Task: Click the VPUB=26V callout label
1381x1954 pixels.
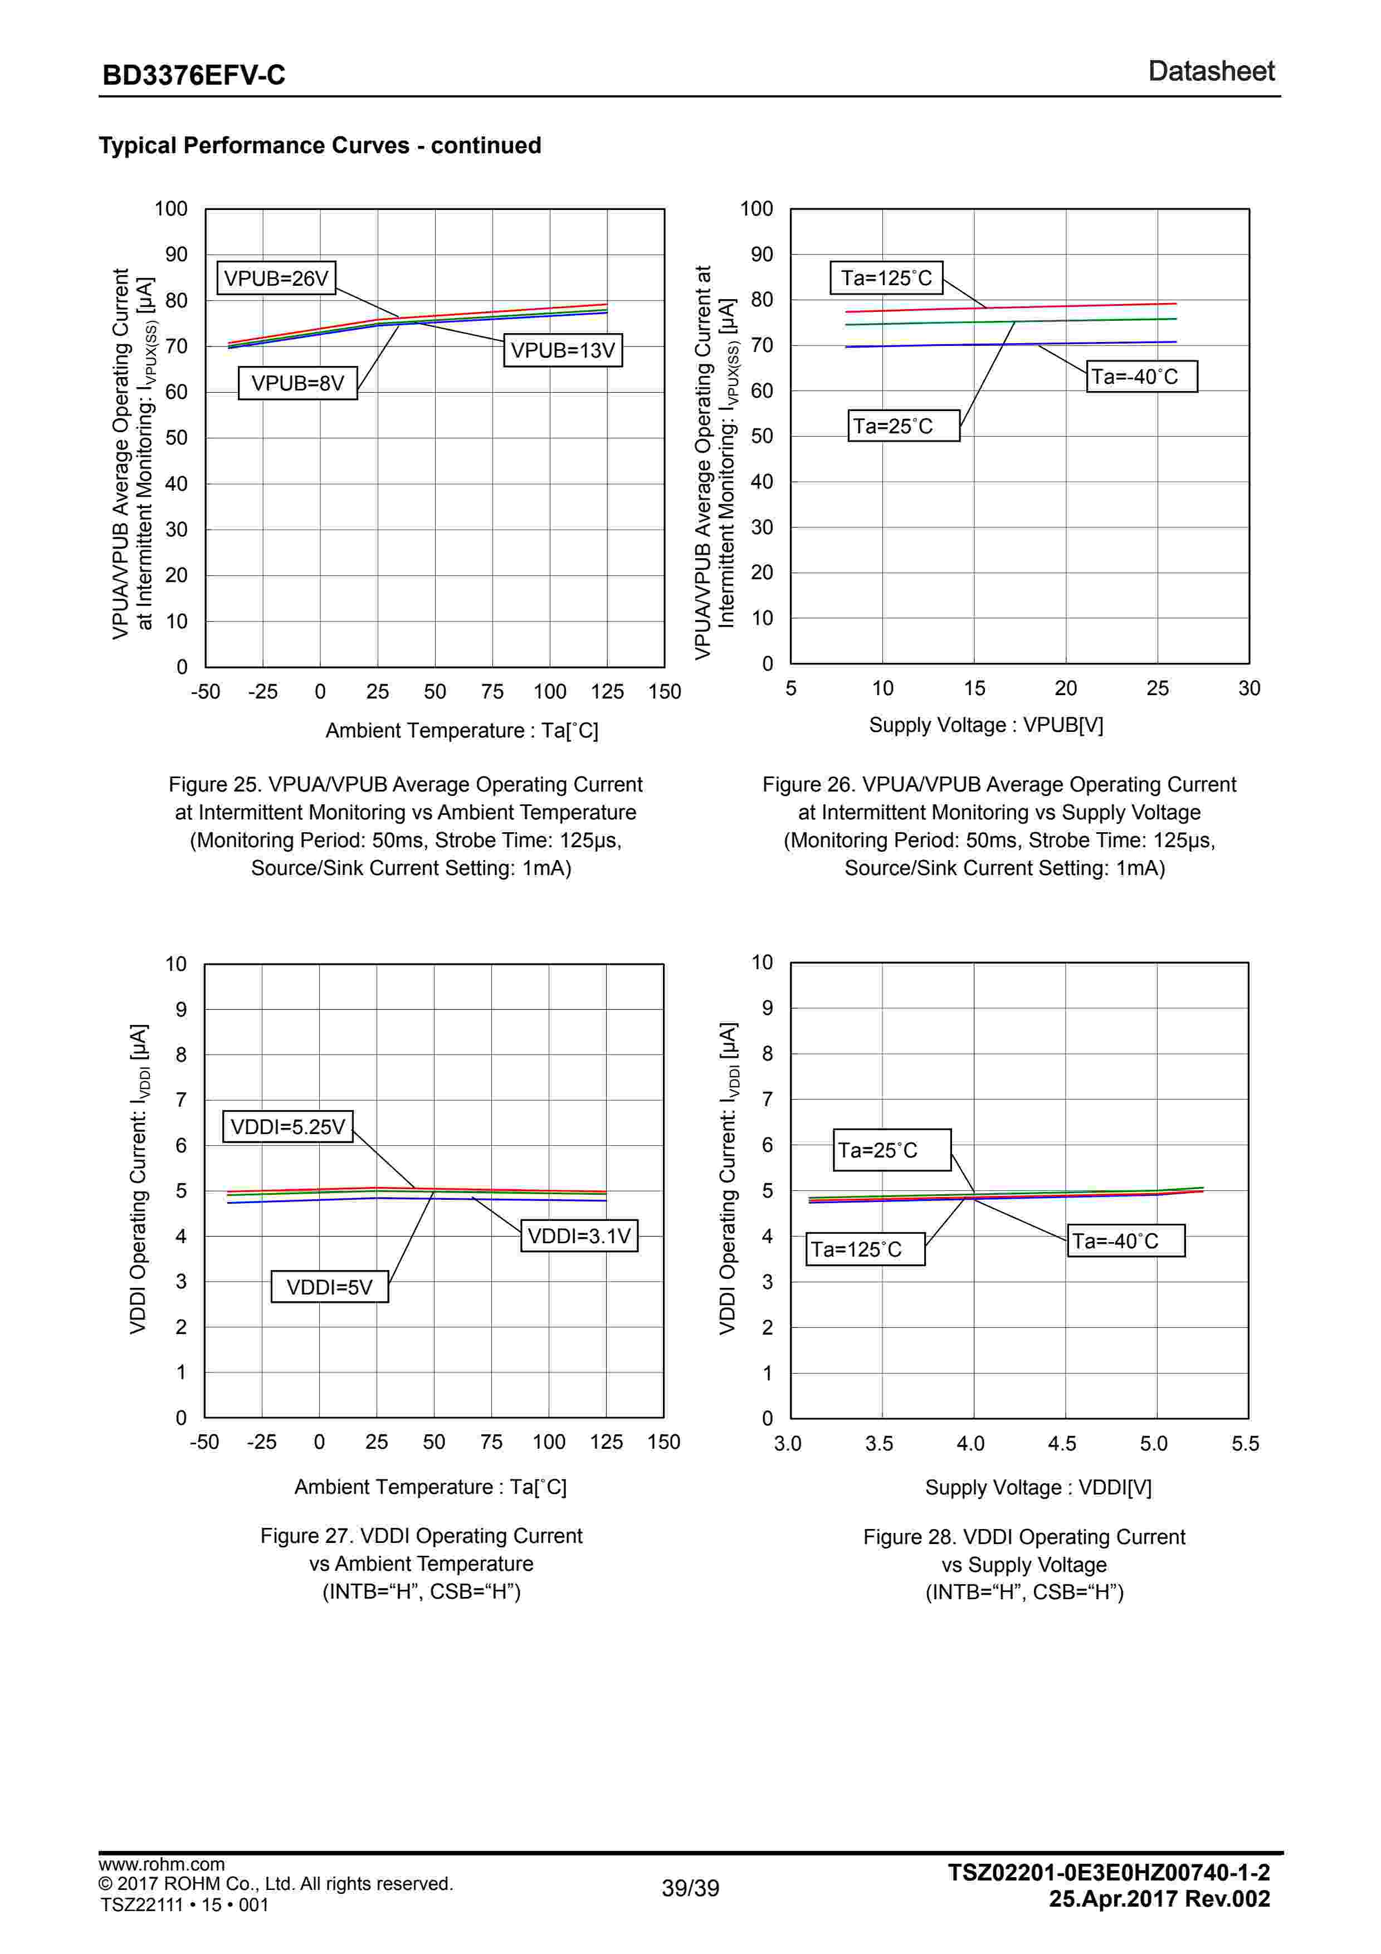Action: point(276,279)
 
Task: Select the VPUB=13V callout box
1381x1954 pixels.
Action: point(563,350)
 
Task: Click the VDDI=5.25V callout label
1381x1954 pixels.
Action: point(287,1127)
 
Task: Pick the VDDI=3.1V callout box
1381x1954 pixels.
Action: point(579,1235)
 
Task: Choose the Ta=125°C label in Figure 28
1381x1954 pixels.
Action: point(865,1249)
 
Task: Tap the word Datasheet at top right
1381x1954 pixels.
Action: point(1211,71)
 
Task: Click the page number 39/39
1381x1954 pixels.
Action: point(690,1888)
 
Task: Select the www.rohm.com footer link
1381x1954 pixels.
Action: point(162,1865)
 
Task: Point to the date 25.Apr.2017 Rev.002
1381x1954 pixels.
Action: point(1159,1899)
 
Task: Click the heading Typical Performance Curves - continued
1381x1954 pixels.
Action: point(320,145)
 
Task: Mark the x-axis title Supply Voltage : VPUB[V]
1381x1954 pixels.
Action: point(985,725)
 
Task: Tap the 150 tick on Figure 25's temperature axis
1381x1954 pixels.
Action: point(663,692)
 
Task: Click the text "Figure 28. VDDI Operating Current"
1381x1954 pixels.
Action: point(1023,1537)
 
